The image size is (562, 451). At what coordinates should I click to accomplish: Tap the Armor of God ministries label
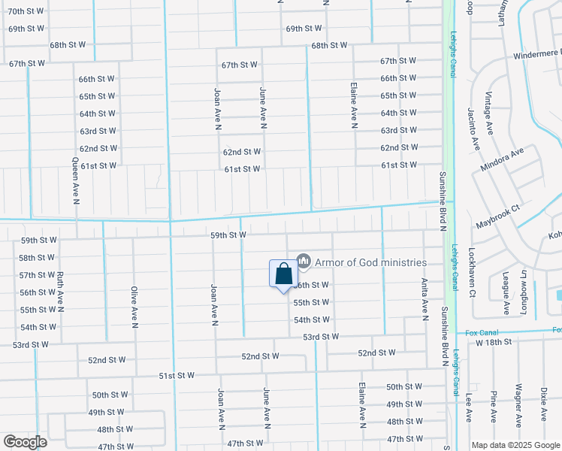pos(370,262)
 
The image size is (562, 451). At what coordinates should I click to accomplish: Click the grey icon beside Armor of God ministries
pos(304,262)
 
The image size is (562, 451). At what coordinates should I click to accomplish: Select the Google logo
pos(25,442)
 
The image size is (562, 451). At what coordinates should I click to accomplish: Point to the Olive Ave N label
pos(134,307)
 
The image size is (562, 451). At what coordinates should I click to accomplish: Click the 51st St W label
pos(177,375)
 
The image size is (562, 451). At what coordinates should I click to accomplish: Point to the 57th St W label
pos(38,275)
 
